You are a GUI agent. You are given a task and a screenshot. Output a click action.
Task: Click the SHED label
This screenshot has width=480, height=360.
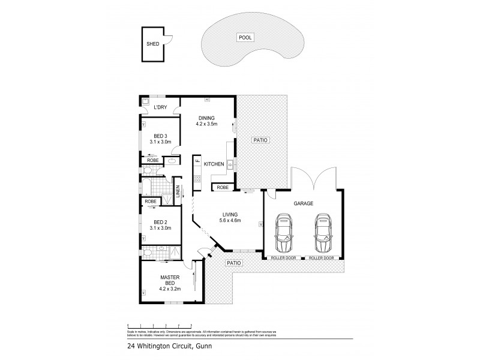coord(152,44)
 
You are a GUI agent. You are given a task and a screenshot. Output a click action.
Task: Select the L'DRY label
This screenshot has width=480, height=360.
coord(160,107)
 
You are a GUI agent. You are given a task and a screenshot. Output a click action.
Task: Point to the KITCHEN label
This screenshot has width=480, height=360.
coord(214,164)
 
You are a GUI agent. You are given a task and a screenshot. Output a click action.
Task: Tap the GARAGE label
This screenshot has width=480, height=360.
coord(302,204)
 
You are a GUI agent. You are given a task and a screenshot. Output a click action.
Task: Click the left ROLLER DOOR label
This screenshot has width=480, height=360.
coord(284,257)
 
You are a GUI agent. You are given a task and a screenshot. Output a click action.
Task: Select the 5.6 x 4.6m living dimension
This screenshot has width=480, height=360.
coord(230,221)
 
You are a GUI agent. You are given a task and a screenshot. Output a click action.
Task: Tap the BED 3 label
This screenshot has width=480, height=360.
coord(159,135)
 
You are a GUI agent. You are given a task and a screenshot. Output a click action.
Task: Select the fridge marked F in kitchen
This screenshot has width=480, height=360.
coord(196,162)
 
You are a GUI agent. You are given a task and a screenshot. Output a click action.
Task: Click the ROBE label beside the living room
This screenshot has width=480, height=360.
coord(223,187)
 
